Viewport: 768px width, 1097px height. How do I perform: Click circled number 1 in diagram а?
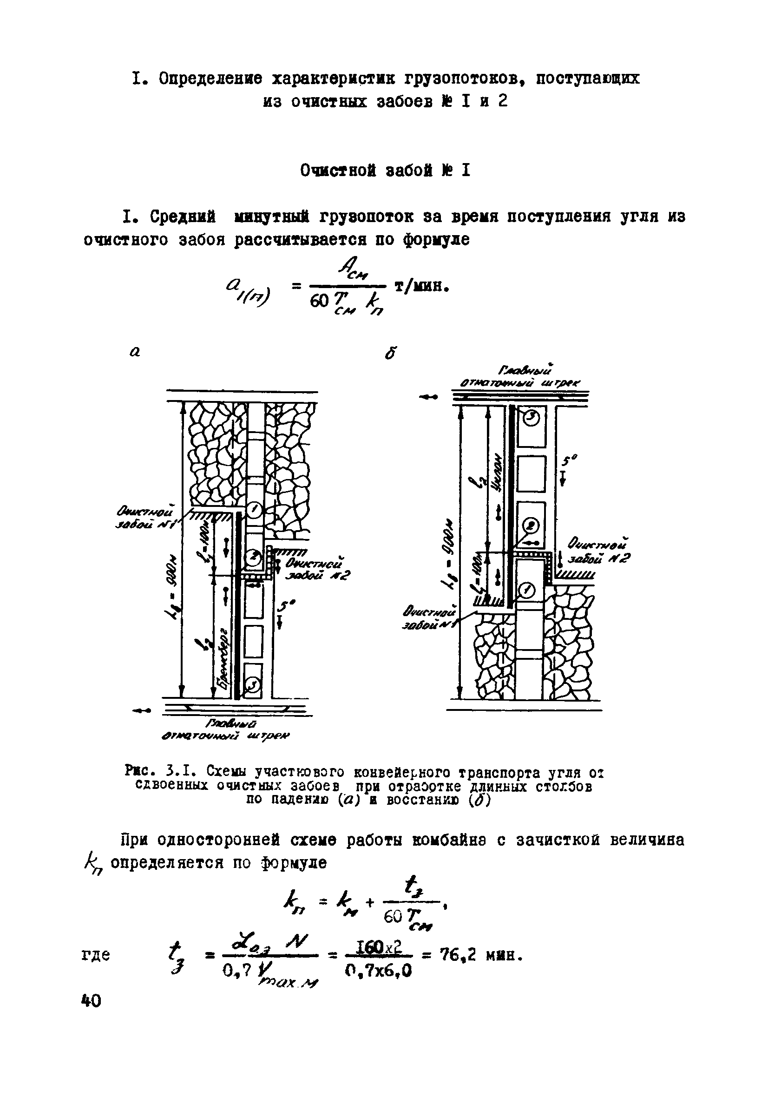point(254,511)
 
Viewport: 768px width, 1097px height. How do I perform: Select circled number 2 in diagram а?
point(254,556)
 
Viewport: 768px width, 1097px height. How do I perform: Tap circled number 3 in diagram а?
point(253,685)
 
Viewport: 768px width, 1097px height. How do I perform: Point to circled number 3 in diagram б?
point(532,418)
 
